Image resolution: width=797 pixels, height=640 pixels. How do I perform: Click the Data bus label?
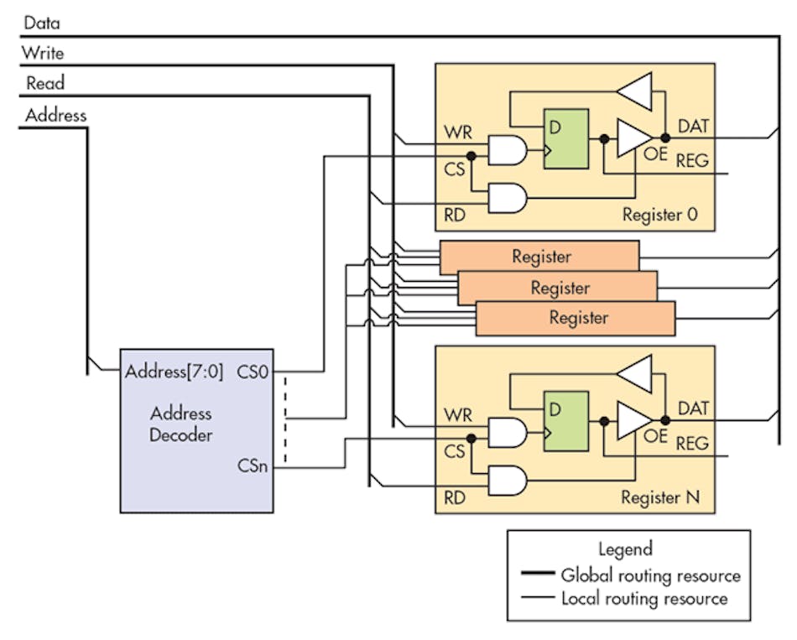[41, 23]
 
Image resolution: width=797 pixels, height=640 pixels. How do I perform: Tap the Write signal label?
[42, 53]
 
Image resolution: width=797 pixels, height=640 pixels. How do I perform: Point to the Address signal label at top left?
[55, 114]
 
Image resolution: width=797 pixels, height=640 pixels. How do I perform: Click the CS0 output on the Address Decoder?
[253, 371]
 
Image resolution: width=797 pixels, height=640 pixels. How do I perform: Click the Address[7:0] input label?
[174, 371]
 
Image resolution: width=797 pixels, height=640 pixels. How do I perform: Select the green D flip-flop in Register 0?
[565, 138]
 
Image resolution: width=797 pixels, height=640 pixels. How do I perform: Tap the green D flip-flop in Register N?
[565, 421]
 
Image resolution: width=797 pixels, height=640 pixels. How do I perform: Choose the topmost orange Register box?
[539, 257]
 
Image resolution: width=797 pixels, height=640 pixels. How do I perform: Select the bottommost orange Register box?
[576, 319]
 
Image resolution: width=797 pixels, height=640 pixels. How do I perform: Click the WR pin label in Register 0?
[456, 133]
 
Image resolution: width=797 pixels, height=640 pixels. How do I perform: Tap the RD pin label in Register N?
[455, 497]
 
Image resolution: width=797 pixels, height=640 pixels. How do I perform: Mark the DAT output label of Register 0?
[692, 127]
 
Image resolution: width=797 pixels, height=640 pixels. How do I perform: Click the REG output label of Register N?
[692, 443]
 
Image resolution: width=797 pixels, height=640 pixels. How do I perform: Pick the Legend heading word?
[625, 549]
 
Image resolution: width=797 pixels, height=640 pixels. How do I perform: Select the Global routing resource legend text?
[650, 575]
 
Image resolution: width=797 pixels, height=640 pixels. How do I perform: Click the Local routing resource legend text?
[643, 598]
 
